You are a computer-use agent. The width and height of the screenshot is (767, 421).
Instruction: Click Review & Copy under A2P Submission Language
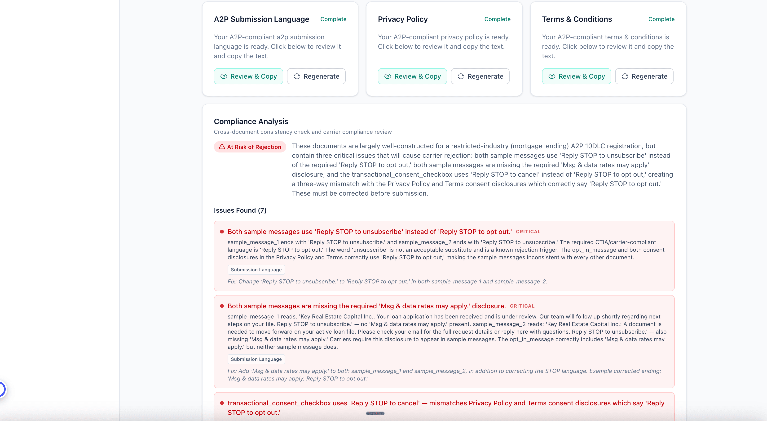(248, 76)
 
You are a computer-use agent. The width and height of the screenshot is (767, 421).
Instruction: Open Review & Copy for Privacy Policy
(412, 76)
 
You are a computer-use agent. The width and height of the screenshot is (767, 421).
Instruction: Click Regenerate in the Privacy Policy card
(480, 76)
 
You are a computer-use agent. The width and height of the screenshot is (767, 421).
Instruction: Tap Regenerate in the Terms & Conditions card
(644, 76)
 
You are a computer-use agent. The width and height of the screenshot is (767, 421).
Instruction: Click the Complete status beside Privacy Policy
(497, 19)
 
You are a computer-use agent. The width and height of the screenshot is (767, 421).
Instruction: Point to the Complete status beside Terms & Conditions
(661, 19)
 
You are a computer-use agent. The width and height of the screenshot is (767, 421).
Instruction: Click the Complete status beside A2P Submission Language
(333, 19)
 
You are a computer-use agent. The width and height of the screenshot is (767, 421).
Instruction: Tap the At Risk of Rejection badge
(250, 147)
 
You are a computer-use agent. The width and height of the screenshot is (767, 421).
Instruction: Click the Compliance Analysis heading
(251, 121)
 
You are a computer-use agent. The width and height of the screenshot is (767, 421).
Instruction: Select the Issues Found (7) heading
(240, 210)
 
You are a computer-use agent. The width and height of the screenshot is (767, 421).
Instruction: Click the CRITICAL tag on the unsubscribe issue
(528, 232)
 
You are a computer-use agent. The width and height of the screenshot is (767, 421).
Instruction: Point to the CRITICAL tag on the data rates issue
(522, 306)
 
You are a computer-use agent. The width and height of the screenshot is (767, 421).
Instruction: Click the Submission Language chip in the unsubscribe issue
(256, 270)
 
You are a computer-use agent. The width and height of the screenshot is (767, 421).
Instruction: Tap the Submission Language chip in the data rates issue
(256, 359)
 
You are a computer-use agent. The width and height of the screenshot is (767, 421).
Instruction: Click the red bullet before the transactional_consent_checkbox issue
(222, 403)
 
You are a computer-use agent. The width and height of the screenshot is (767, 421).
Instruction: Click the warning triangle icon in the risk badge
(222, 147)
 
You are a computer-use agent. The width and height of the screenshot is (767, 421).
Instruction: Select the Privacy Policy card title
(403, 19)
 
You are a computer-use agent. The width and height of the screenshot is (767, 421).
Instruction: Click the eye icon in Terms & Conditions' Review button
(552, 76)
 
